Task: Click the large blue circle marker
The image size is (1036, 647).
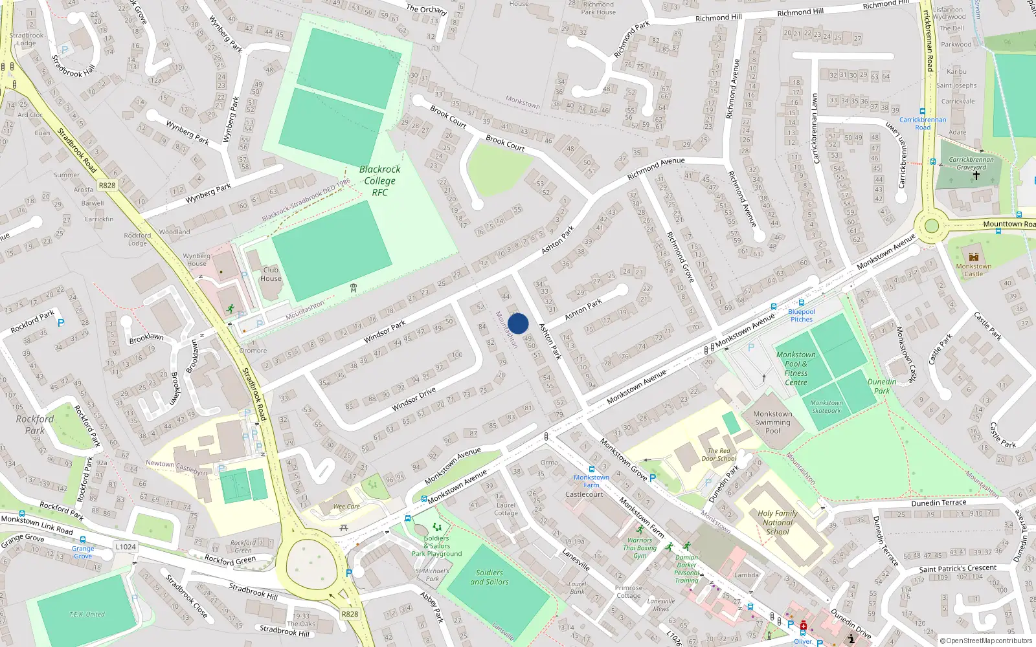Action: tap(518, 323)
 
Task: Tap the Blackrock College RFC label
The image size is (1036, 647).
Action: tap(380, 181)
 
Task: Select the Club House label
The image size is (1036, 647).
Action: tap(271, 274)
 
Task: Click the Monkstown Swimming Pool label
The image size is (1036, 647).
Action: tap(772, 422)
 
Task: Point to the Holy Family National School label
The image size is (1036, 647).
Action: tap(778, 522)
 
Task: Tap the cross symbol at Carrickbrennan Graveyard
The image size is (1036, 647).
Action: tap(976, 175)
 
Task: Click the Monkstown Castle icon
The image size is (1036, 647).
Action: tap(973, 256)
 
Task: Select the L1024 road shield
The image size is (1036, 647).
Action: tap(126, 547)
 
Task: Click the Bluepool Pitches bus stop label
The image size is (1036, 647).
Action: tap(802, 315)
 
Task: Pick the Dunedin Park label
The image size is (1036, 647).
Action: tap(882, 386)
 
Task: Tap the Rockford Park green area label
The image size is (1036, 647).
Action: tap(35, 424)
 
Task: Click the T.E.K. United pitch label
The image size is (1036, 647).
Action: tap(87, 614)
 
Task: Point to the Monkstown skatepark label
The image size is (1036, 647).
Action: tap(827, 406)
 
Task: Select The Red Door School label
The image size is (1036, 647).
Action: tap(719, 454)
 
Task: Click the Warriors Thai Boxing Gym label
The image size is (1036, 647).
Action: tap(640, 548)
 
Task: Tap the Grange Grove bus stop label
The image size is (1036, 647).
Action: tap(83, 552)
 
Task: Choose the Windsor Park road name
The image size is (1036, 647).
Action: tap(385, 332)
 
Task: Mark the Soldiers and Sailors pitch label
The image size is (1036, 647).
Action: tap(490, 577)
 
